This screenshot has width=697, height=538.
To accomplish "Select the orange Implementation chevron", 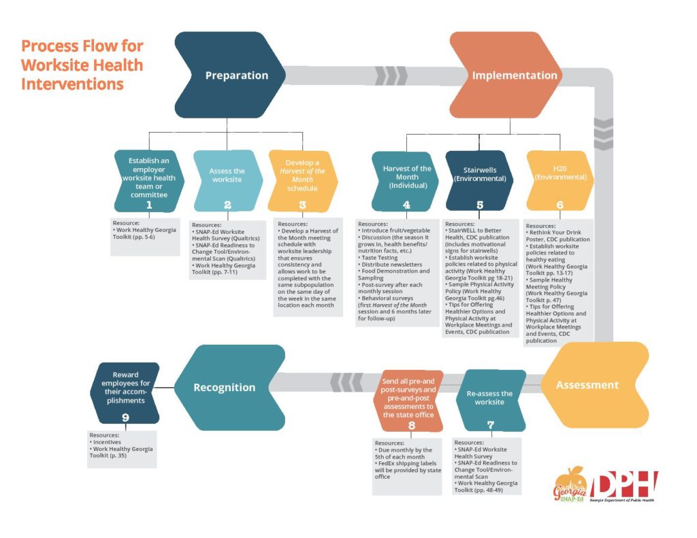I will coord(515,75).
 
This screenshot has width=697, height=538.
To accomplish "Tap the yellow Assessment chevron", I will coord(587,385).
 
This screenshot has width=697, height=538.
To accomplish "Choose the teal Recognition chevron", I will coord(225,388).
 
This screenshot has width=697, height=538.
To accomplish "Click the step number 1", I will coord(149,205).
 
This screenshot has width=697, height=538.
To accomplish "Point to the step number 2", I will coord(227,205).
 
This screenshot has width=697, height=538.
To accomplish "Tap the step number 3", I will coord(302,205).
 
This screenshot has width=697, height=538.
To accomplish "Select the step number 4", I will coord(406,205).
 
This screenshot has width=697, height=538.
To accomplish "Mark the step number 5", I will coord(480,205).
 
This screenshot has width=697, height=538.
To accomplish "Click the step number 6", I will coord(560,205).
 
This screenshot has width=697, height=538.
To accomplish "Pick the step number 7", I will coord(490,426).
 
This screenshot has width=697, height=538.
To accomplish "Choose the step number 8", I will coord(412,426).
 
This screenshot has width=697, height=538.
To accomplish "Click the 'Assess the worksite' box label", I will coord(227,175).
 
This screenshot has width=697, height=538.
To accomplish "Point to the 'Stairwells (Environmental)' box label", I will coord(480,175).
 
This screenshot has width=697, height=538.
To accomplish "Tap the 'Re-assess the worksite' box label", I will coord(489,398).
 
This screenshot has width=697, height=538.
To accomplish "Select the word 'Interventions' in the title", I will coord(72,84).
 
